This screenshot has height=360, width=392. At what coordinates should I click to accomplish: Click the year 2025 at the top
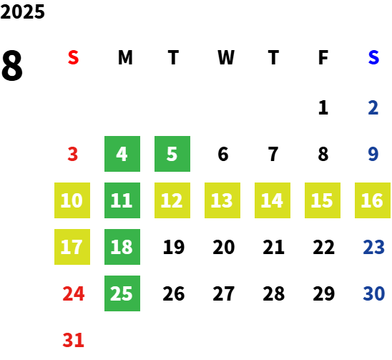22,11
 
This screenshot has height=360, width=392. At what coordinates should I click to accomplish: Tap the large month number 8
12,65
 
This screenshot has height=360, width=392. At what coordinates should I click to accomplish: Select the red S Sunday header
73,57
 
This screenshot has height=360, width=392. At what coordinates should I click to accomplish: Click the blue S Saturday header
373,57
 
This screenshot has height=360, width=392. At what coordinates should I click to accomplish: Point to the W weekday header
226,57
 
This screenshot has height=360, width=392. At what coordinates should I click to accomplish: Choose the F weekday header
323,57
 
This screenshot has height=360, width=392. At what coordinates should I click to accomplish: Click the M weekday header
125,57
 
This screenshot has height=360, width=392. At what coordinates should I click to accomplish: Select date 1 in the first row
323,107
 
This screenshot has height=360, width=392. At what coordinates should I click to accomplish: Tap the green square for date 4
122,154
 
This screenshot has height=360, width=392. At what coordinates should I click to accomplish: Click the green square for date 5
172,154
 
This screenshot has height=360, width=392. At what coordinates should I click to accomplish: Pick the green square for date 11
122,200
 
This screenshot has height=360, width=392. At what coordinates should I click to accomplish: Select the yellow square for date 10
72,200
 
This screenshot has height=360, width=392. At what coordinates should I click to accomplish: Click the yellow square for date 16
373,200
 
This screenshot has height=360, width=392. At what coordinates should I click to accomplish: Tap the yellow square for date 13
222,200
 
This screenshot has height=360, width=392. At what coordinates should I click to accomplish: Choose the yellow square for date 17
72,247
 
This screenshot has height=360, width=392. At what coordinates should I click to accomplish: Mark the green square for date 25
122,293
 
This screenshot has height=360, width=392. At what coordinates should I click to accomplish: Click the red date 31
73,340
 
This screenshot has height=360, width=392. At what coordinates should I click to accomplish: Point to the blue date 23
373,247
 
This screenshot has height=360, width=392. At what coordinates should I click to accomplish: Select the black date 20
224,247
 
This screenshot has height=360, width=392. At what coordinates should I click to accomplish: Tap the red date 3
73,154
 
